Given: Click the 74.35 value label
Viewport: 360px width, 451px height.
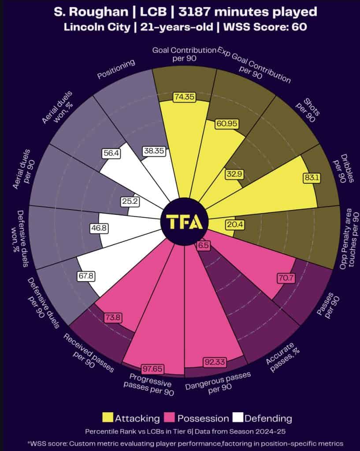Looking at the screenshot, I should (184, 97).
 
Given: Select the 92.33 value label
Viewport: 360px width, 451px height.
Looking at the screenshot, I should (215, 362).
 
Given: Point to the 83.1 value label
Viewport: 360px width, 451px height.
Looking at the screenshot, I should (312, 178).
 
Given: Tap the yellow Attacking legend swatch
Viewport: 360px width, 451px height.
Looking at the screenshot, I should (108, 418).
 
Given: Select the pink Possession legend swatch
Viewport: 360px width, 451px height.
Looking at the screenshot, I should (170, 418).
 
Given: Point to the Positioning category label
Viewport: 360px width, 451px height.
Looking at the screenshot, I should (115, 70).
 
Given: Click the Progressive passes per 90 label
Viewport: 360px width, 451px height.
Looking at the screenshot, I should (151, 384).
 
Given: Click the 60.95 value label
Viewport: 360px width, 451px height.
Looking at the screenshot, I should (228, 124).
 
